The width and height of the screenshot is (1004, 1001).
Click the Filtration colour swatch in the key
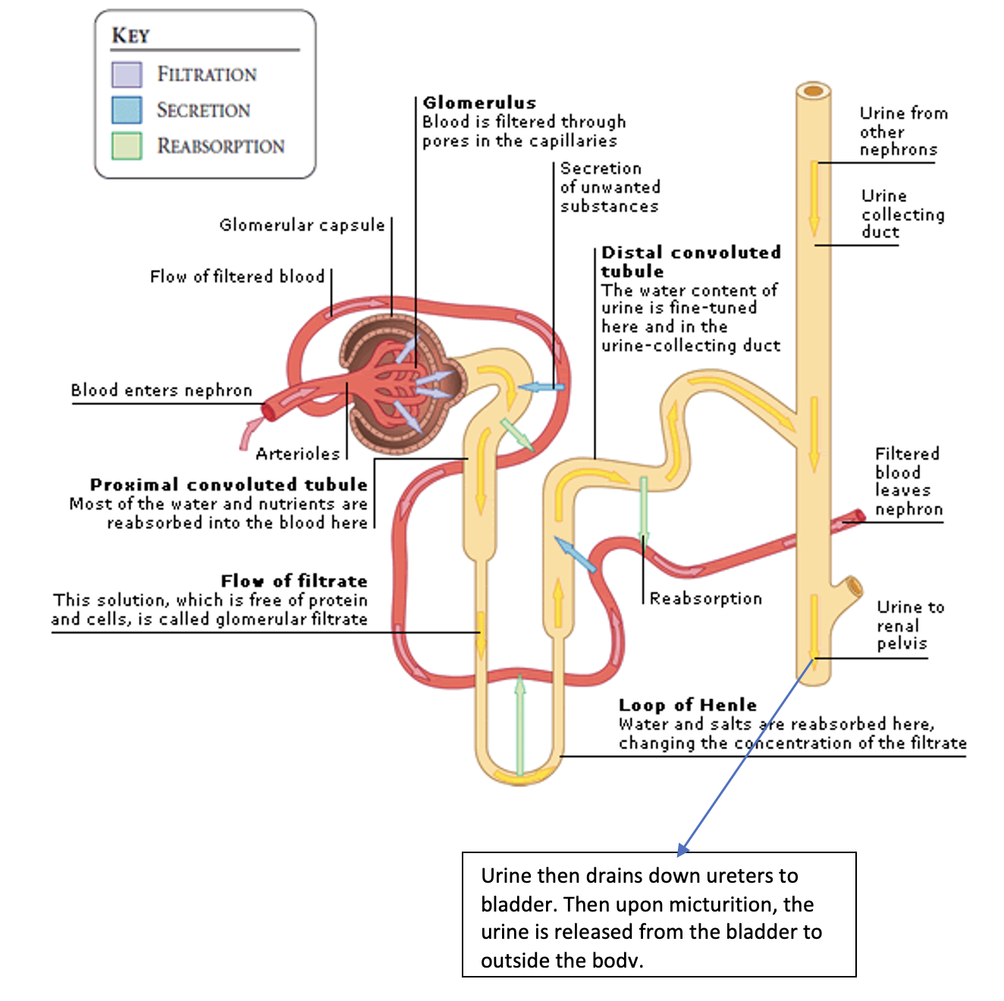(x=126, y=74)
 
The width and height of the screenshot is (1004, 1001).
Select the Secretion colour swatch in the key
(x=126, y=110)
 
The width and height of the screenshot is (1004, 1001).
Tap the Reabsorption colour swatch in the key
(x=126, y=146)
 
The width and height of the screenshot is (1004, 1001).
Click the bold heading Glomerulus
(x=479, y=102)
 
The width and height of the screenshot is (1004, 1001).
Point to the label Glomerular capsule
(x=302, y=225)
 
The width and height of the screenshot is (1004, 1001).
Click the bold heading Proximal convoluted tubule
(x=228, y=485)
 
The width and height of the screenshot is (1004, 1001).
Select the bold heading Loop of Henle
(x=687, y=704)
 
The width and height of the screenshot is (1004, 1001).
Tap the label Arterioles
(x=297, y=453)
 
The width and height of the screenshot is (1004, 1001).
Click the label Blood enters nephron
(x=161, y=390)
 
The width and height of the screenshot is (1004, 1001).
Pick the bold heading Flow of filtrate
(x=294, y=581)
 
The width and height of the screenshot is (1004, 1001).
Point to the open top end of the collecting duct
(x=814, y=92)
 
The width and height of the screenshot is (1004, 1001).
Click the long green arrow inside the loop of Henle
(x=520, y=724)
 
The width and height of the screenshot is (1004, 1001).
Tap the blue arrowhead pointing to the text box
(x=682, y=849)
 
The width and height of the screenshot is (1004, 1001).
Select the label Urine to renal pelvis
(x=909, y=625)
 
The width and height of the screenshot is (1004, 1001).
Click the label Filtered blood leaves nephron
(x=908, y=481)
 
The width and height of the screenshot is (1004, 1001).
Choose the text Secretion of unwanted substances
(x=609, y=187)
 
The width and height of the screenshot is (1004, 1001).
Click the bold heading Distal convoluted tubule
(x=690, y=262)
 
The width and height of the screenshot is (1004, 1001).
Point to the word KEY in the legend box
(x=130, y=36)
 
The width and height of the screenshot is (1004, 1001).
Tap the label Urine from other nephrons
(x=902, y=131)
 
